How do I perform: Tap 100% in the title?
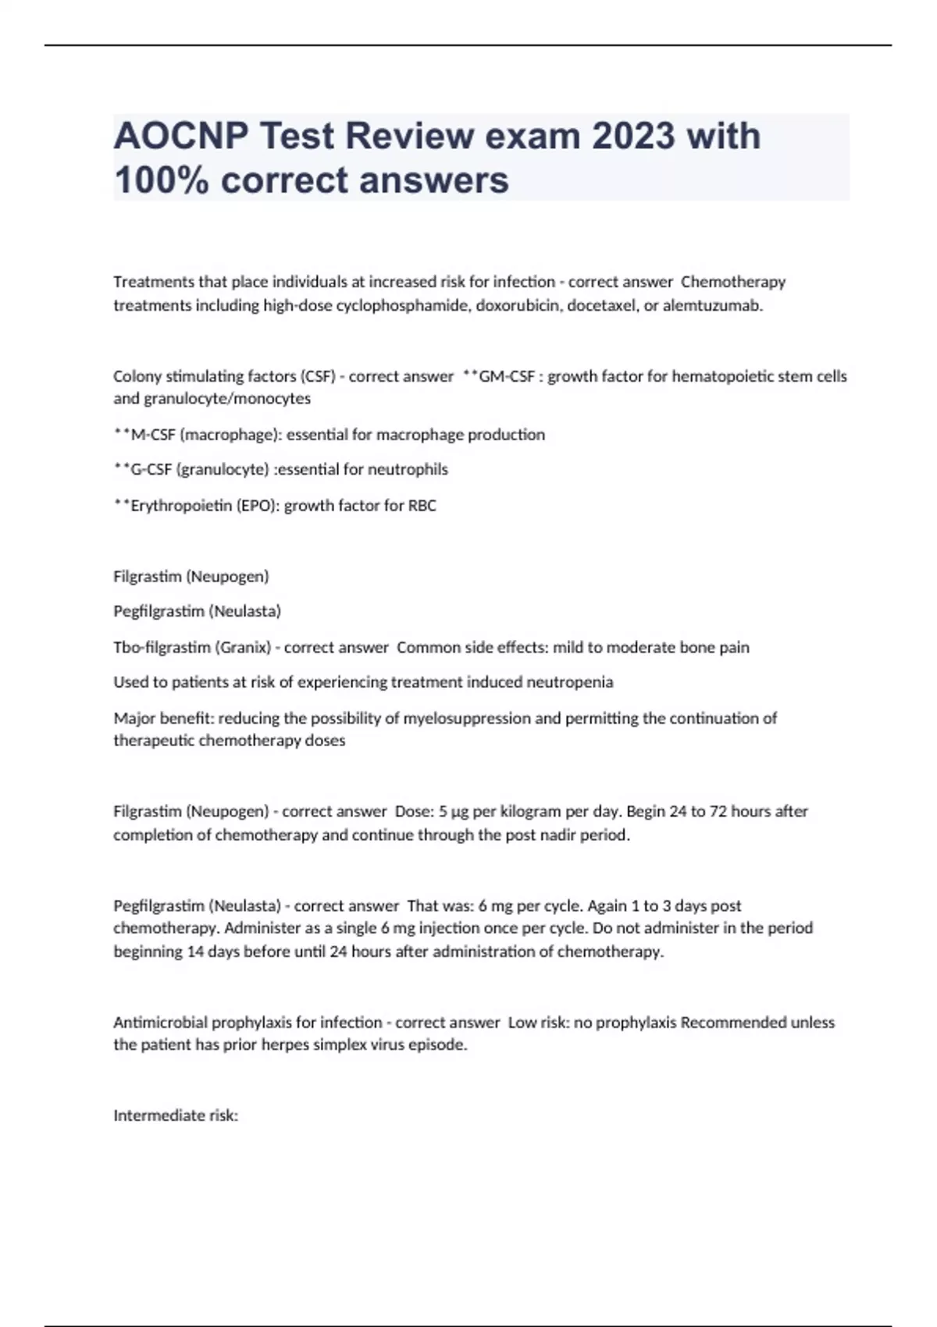(x=162, y=180)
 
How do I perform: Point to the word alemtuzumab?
(x=712, y=305)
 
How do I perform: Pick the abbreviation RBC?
(x=422, y=505)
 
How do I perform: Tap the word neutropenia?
(x=570, y=682)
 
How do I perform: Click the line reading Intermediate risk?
(x=176, y=1115)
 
